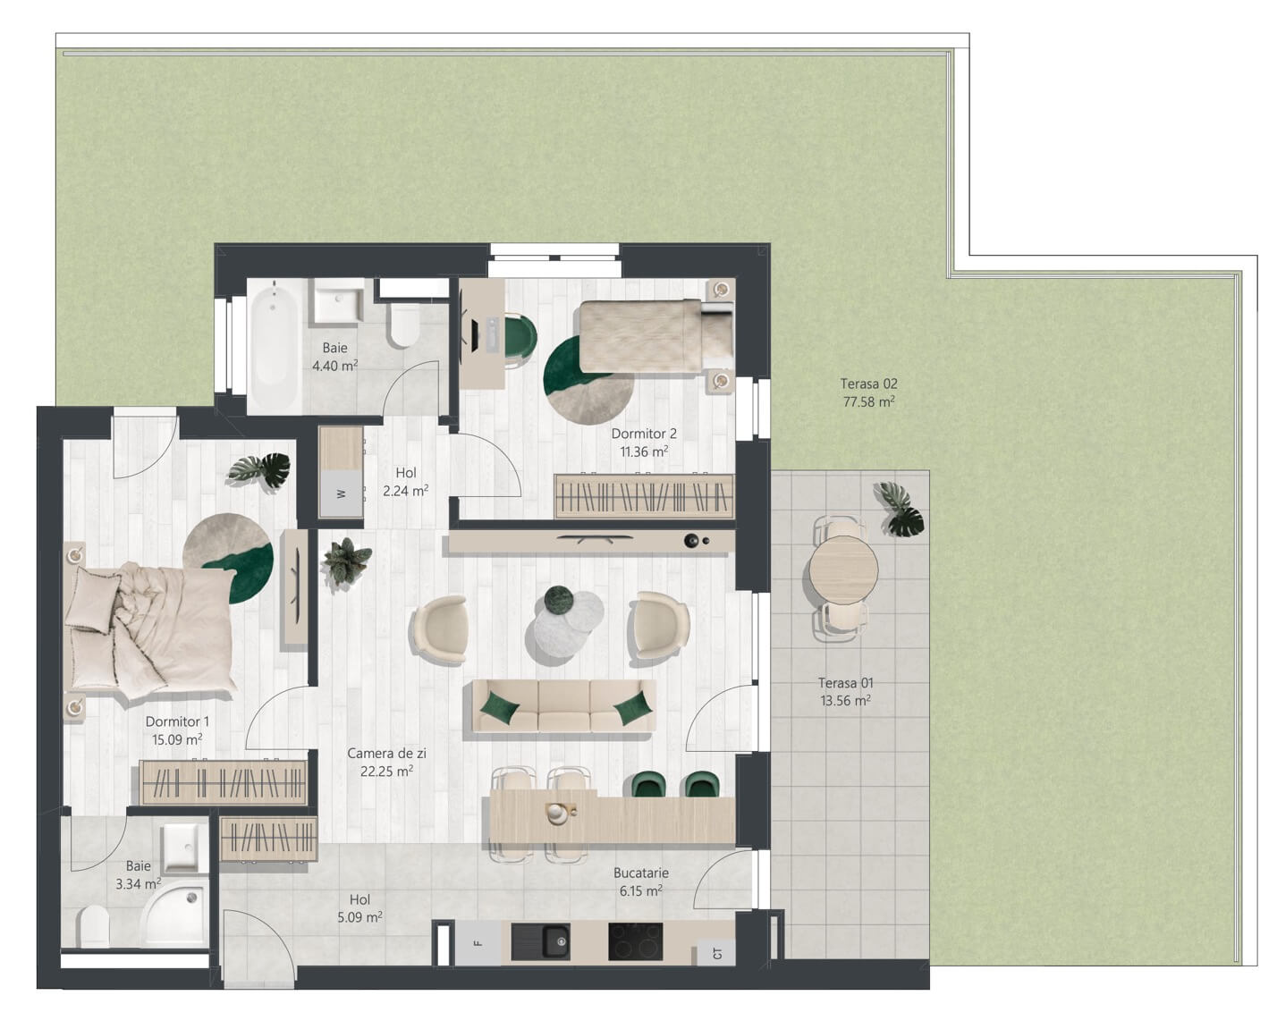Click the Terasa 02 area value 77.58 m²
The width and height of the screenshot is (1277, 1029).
click(x=868, y=401)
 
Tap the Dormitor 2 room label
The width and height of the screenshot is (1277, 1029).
click(x=644, y=434)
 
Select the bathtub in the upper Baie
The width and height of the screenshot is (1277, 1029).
click(x=273, y=345)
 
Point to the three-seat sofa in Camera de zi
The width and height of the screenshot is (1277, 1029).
click(x=563, y=705)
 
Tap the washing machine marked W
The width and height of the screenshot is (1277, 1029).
click(x=342, y=492)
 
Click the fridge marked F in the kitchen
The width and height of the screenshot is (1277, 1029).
click(x=478, y=943)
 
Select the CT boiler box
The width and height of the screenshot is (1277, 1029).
click(x=717, y=954)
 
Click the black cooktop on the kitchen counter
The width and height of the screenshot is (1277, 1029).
click(x=635, y=941)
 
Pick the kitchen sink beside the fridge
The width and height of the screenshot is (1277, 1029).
click(x=540, y=941)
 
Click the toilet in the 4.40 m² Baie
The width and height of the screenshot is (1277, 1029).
click(x=405, y=325)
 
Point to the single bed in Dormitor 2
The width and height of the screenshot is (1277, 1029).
click(x=655, y=335)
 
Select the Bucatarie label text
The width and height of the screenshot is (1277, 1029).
click(x=641, y=873)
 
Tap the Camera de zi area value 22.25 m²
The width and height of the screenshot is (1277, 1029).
click(x=386, y=771)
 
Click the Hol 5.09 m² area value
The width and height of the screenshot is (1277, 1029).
click(x=359, y=917)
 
